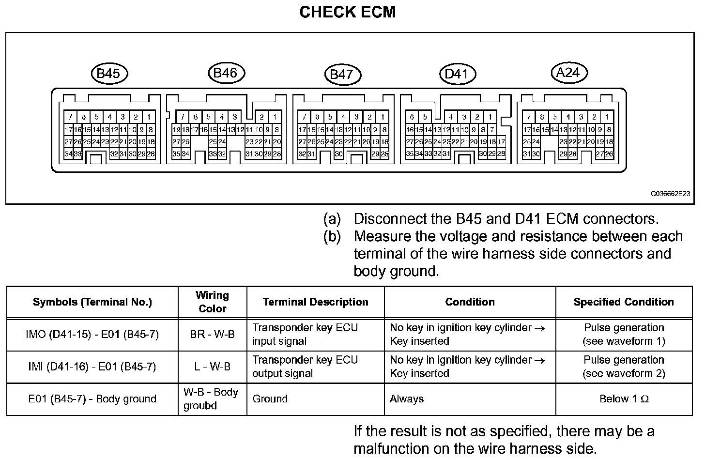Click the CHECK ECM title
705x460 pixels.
coord(347,12)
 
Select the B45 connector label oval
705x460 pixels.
coord(108,74)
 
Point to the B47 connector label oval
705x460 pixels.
coord(342,75)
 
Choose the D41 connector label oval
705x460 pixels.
coord(457,74)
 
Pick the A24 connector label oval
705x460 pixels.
coord(568,73)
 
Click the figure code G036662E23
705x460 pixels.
coord(670,194)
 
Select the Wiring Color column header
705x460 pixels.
coord(212,302)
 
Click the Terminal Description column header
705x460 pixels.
coord(315,302)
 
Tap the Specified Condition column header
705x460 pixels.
coord(624,302)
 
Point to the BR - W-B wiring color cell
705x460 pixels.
coord(212,334)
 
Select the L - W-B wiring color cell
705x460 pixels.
coord(212,367)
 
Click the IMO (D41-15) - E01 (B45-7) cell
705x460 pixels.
coord(92,334)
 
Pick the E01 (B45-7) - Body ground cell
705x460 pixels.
coord(92,399)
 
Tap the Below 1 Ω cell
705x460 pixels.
coord(624,399)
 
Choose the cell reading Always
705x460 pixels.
coord(407,399)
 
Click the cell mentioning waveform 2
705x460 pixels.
coord(624,367)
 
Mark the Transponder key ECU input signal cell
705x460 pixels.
coord(305,334)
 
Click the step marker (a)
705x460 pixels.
coord(332,219)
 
